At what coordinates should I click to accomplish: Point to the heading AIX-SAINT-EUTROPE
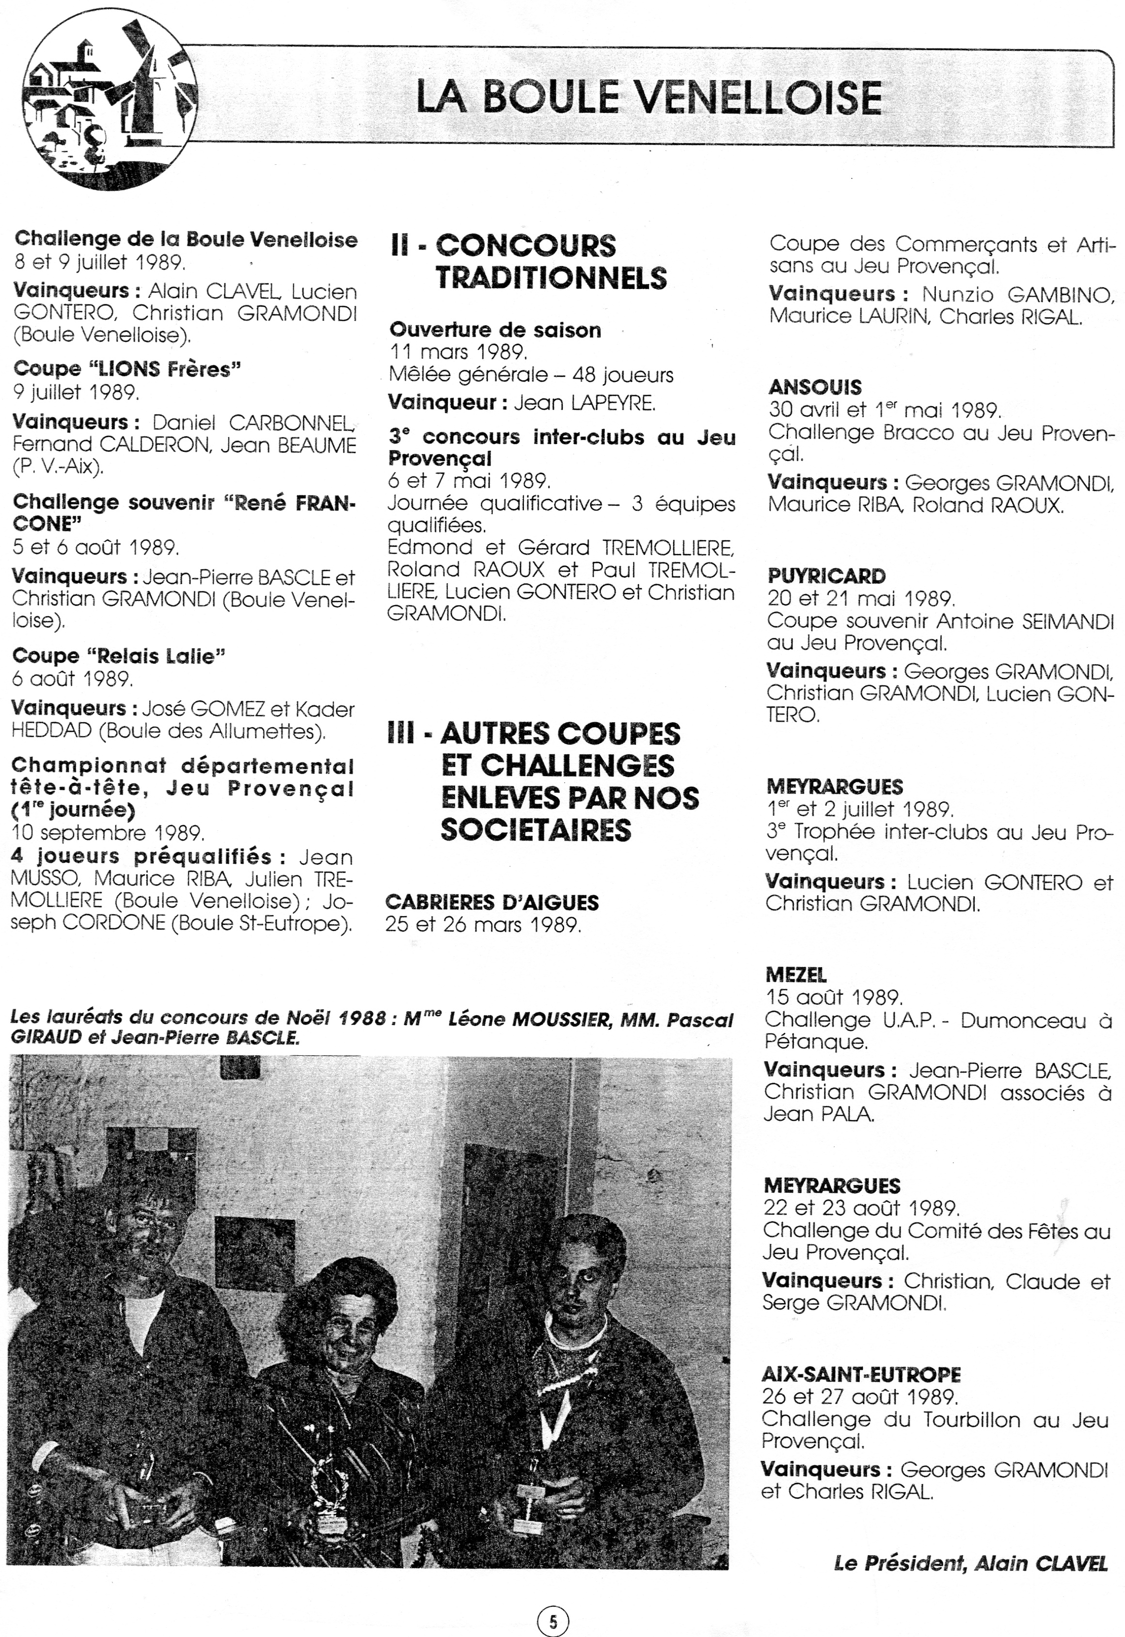click(861, 1374)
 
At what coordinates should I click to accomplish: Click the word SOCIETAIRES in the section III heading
click(536, 830)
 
